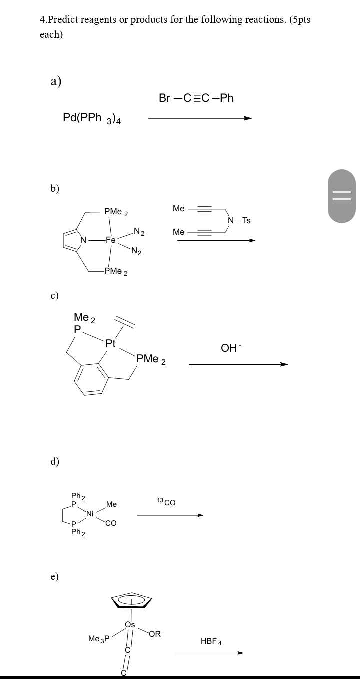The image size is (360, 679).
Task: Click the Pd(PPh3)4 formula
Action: pos(94,118)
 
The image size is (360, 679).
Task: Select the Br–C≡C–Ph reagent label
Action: pos(196,98)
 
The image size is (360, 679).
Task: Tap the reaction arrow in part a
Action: pos(200,119)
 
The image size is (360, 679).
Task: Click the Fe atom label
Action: pos(110,240)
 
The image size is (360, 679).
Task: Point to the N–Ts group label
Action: pos(239,220)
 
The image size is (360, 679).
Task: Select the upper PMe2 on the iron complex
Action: pos(116,212)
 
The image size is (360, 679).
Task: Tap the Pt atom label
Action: pos(111,344)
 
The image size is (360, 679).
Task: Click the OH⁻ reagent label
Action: pos(230,348)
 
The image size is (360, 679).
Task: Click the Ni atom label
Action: pos(90,514)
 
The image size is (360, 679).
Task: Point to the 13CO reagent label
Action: pos(166,502)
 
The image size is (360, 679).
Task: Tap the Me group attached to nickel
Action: pos(111,505)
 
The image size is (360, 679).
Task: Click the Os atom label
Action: pos(130,625)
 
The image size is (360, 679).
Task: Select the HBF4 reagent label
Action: pos(211,641)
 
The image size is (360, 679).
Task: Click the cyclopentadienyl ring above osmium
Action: pos(131,600)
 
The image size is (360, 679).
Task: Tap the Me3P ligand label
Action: pos(98,638)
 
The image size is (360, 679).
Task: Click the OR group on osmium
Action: pos(155,634)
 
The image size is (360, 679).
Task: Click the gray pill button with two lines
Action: pos(342,195)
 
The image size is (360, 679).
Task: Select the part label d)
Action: pos(55,461)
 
